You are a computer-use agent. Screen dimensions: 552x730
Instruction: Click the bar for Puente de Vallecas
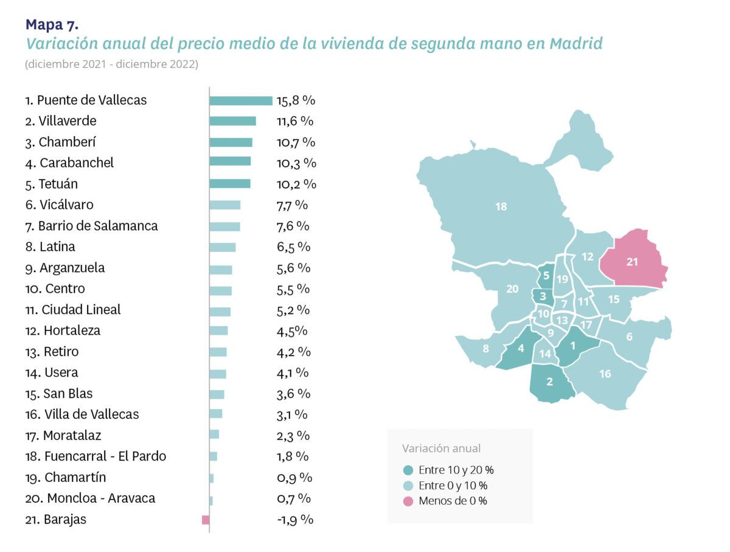pos(240,100)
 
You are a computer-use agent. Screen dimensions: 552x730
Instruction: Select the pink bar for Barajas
pos(206,520)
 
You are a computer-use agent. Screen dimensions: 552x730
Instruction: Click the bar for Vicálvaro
pos(224,205)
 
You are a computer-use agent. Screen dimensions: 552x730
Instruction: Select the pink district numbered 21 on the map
pos(633,262)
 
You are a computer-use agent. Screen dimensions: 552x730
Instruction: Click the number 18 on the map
pos(501,207)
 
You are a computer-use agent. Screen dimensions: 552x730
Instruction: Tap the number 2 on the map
pos(549,382)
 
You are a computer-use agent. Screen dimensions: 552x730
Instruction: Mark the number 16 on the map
pos(605,374)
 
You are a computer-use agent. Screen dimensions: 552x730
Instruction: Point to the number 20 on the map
pos(512,288)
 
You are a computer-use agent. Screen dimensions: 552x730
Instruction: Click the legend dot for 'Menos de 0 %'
pos(408,501)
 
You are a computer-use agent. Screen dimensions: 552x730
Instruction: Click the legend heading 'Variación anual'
pos(441,449)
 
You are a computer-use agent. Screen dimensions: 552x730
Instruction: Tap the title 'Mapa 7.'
pos(52,24)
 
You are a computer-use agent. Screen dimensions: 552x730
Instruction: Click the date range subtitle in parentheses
pos(111,64)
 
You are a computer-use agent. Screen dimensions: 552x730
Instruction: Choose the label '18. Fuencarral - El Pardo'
pos(96,456)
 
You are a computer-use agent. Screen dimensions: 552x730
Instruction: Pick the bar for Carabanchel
pos(230,161)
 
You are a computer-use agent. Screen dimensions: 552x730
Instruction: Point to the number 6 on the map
pos(629,337)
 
